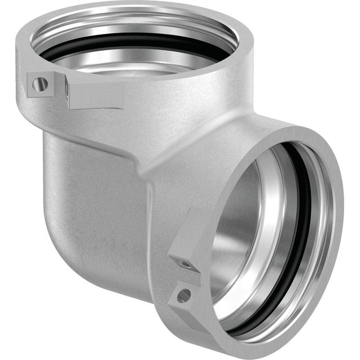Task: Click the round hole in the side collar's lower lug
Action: tap(183, 295)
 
